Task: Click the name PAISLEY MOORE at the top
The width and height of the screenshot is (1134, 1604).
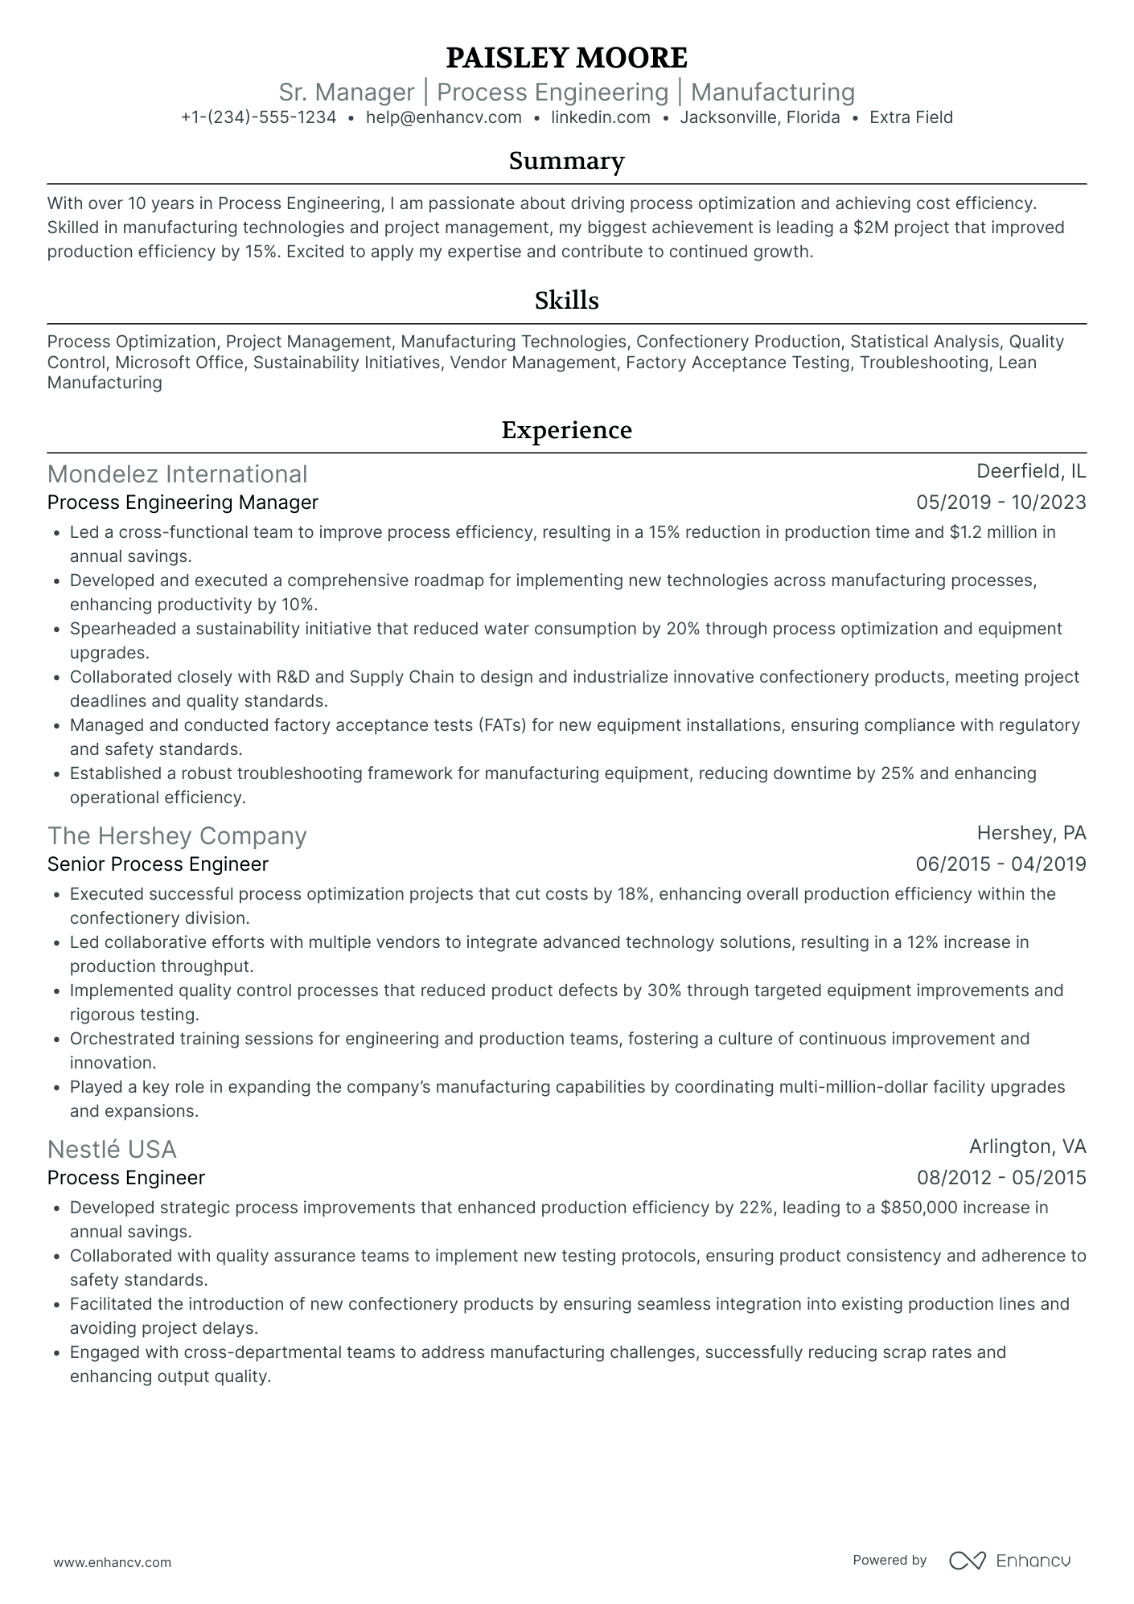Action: (566, 58)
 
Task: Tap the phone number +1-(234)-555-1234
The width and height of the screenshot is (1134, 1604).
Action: (258, 117)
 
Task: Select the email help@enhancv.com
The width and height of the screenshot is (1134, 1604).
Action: (443, 117)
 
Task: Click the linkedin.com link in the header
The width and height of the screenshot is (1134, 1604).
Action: (600, 117)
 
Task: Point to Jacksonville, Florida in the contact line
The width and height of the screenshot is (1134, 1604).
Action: (759, 117)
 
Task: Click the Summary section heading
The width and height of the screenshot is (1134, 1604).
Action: (566, 161)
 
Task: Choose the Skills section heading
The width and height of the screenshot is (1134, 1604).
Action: (566, 301)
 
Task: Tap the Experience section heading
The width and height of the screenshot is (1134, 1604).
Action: (566, 430)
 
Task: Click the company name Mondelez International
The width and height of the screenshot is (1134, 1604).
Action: (177, 474)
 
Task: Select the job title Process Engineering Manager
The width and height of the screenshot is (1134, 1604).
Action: (183, 503)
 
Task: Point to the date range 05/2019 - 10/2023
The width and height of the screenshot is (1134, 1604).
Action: (1000, 503)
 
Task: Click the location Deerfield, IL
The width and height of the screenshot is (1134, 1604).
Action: (1030, 471)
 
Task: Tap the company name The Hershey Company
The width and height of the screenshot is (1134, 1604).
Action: (177, 836)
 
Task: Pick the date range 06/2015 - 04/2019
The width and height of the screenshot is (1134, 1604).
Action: (1000, 864)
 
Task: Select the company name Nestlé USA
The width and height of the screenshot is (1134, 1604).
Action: (112, 1150)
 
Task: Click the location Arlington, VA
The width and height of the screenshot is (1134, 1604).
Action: (1027, 1146)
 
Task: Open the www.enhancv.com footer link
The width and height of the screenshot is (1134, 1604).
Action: (112, 1562)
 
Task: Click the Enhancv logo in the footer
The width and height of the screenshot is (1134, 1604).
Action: (1010, 1561)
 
